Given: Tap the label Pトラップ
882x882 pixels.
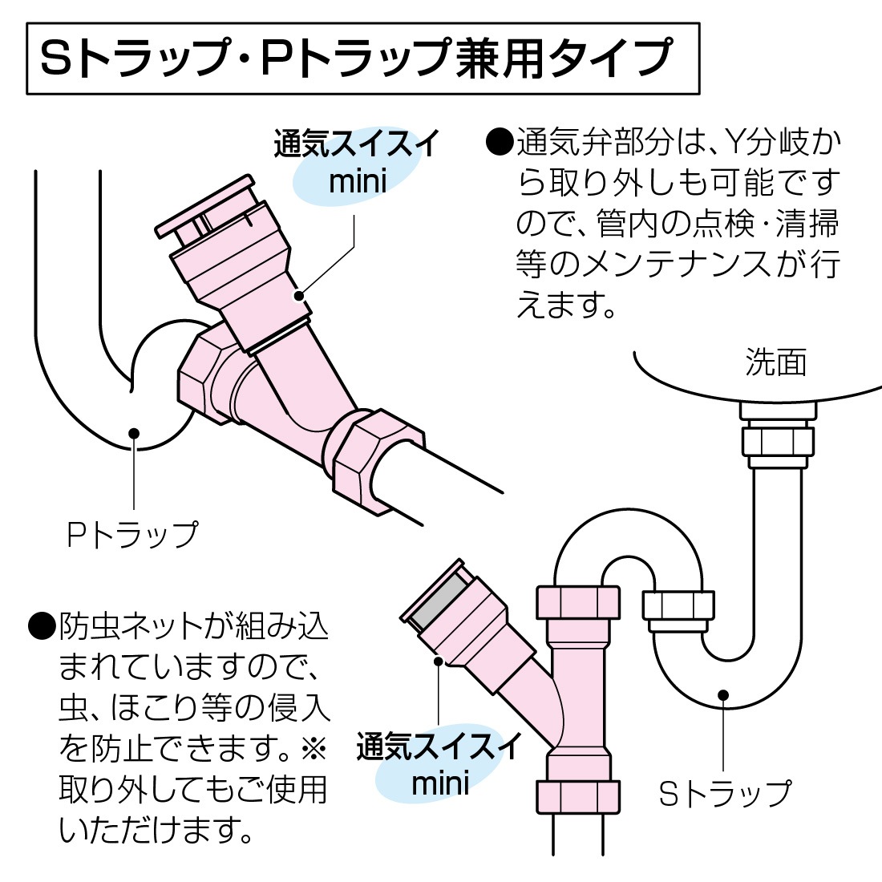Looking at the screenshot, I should [x=132, y=535].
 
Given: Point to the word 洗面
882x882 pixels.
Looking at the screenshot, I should [x=775, y=362].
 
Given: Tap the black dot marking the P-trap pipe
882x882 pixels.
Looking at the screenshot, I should [x=134, y=433].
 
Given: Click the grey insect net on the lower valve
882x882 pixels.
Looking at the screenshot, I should [x=438, y=598].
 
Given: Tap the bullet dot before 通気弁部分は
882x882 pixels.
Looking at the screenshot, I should [x=499, y=144].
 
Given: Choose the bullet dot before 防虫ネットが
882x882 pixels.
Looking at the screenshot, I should [x=40, y=626].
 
